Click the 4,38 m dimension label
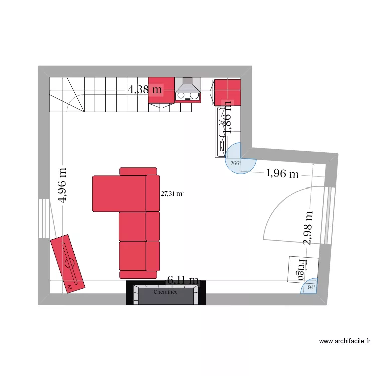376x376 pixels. click(145, 90)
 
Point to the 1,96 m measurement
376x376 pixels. click(282, 174)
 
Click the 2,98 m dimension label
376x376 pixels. click(308, 227)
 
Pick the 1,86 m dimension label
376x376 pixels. click(227, 116)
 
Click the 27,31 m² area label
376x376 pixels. click(172, 192)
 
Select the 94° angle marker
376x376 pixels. click(311, 287)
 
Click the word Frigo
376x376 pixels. click(302, 270)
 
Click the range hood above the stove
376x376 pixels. click(187, 90)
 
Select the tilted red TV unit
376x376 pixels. click(67, 264)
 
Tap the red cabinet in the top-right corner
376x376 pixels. click(228, 92)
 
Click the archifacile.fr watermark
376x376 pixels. click(345, 341)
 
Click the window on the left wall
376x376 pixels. click(44, 218)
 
